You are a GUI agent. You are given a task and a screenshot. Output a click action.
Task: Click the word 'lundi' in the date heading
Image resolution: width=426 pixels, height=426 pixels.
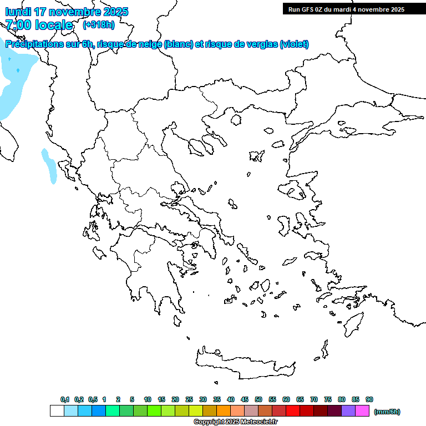click(18, 12)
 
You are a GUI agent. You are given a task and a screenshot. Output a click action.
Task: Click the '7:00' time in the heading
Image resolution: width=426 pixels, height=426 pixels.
click(18, 25)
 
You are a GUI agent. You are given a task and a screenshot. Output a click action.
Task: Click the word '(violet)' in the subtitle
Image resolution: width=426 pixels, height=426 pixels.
click(294, 44)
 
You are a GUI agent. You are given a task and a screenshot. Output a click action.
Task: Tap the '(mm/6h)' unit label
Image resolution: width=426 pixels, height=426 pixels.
click(387, 412)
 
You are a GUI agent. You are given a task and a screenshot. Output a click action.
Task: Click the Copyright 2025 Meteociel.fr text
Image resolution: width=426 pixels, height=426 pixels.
click(235, 422)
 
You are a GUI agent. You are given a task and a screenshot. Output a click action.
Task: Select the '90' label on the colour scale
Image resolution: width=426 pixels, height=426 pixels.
click(369, 399)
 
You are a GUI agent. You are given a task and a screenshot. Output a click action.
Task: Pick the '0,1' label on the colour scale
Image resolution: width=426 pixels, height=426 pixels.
click(64, 399)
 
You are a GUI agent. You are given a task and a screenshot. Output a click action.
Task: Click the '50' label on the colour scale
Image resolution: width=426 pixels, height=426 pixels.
click(258, 399)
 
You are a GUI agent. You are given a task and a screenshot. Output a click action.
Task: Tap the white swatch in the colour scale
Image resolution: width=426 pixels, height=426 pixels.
click(57, 410)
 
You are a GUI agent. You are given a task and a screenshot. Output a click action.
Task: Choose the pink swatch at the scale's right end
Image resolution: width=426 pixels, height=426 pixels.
click(362, 410)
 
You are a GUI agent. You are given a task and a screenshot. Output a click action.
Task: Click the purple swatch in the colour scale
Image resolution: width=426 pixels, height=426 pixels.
click(348, 410)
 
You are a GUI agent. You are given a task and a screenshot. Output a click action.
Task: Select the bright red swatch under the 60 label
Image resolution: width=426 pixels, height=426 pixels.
click(293, 410)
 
